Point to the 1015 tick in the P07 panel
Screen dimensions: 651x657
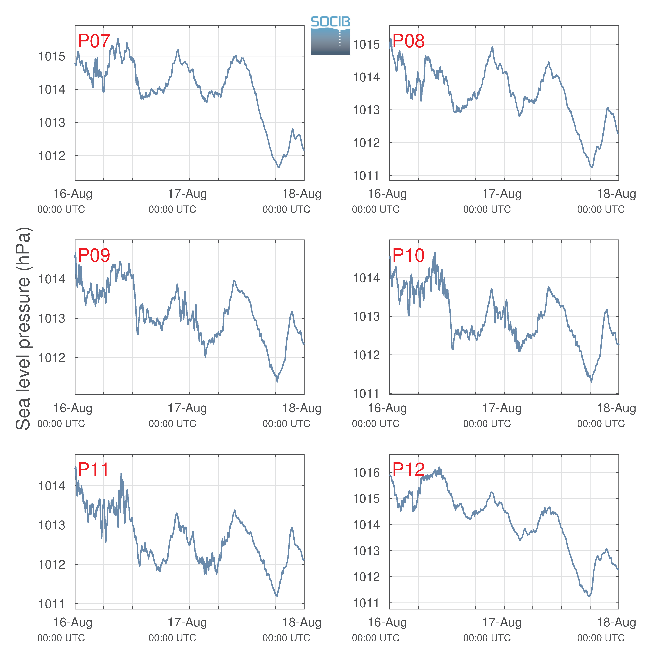(52, 56)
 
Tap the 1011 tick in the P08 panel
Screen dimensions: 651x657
(366, 176)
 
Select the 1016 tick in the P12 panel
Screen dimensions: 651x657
(366, 472)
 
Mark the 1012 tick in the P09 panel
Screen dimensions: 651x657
(52, 358)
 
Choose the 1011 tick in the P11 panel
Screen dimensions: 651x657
(52, 604)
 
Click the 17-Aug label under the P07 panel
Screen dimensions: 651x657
(187, 194)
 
